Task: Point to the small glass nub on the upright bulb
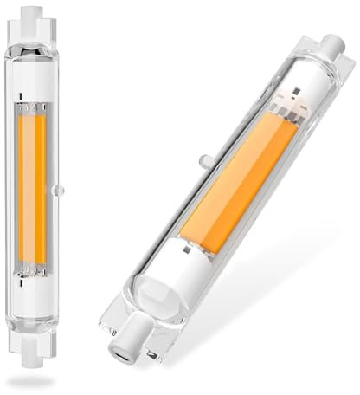[x=59, y=189]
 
